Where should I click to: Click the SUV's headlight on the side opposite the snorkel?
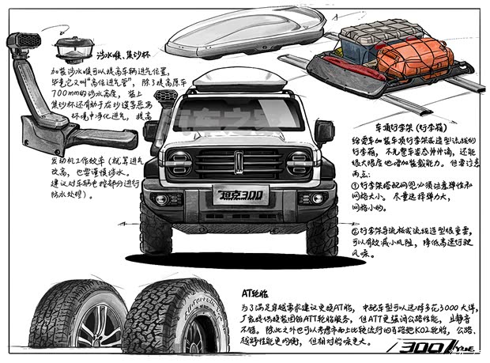(300, 163)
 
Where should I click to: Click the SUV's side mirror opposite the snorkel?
(324, 131)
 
